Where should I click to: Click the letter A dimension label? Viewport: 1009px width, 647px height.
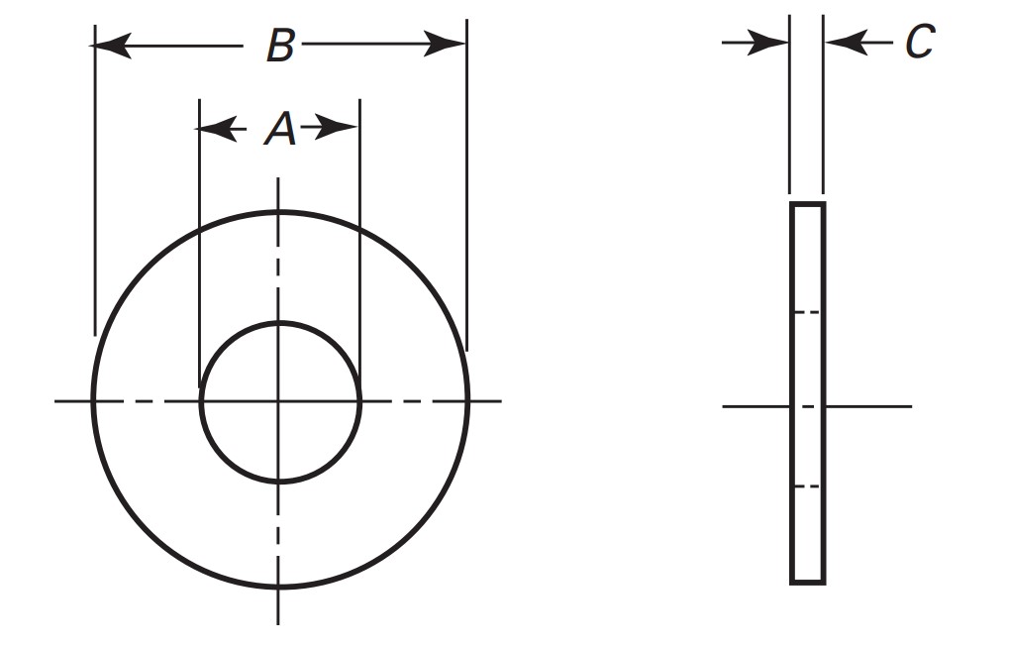click(280, 129)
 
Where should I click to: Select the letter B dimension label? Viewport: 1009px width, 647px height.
click(280, 46)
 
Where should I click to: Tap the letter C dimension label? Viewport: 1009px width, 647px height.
click(919, 42)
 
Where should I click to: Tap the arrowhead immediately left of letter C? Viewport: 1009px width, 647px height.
click(844, 42)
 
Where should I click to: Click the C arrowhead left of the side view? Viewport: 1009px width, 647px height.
click(770, 42)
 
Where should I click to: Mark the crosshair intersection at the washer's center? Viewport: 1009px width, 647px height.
click(279, 401)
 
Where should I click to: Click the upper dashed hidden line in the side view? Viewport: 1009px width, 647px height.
click(807, 312)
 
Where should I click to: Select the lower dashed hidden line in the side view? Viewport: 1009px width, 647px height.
click(807, 486)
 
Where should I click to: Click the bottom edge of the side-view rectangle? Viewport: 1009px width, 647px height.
click(807, 582)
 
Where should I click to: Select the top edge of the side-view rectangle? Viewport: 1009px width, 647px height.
click(807, 204)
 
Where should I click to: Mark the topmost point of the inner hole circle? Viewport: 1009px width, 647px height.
click(279, 323)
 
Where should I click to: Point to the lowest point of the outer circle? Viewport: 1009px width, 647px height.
click(279, 589)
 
